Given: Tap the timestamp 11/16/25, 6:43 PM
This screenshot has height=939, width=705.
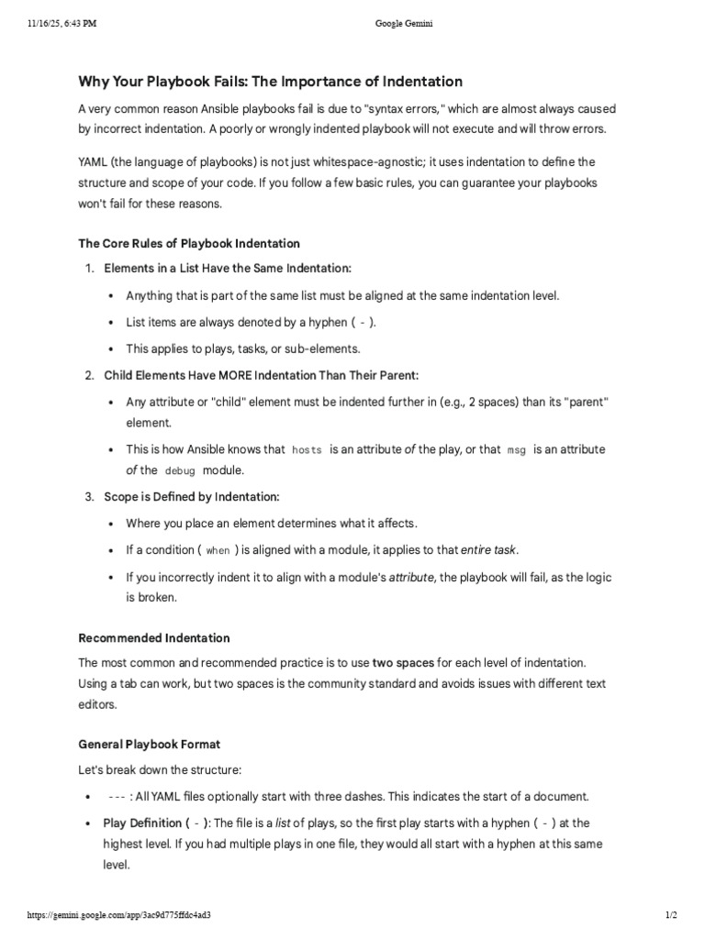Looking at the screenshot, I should pyautogui.click(x=55, y=24).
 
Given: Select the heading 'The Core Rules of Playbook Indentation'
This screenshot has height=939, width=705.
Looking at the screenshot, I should pyautogui.click(x=189, y=243).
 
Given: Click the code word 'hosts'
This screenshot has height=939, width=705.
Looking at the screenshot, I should pyautogui.click(x=307, y=450).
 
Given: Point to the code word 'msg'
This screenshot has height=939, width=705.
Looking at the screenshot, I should pyautogui.click(x=517, y=450).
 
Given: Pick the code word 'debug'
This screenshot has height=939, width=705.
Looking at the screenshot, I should pyautogui.click(x=180, y=470).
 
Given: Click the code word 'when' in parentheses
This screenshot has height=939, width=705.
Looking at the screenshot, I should pyautogui.click(x=218, y=551).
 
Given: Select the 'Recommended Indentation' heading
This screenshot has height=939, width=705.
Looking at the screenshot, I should pyautogui.click(x=154, y=637).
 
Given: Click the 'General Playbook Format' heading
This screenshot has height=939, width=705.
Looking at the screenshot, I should pyautogui.click(x=150, y=744).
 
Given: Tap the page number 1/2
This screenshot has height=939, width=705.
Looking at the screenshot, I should pyautogui.click(x=670, y=915).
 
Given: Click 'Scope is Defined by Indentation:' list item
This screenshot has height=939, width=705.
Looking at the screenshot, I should pyautogui.click(x=191, y=496).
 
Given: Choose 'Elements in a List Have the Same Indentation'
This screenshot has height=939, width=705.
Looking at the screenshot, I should pyautogui.click(x=228, y=268).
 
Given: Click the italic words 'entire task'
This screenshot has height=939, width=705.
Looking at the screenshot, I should pyautogui.click(x=489, y=550).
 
